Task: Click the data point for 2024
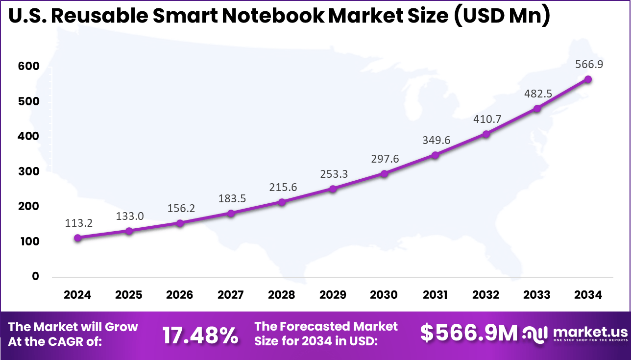pyautogui.click(x=77, y=238)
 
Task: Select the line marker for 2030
pyautogui.click(x=384, y=173)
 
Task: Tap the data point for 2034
pyautogui.click(x=588, y=79)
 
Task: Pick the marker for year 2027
pyautogui.click(x=231, y=213)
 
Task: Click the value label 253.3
pyautogui.click(x=334, y=173)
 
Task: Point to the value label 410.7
pyautogui.click(x=486, y=119)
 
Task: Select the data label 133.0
pyautogui.click(x=130, y=216)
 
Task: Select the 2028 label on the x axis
pyautogui.click(x=282, y=295)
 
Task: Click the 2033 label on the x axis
pyautogui.click(x=537, y=295)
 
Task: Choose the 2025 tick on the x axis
pyautogui.click(x=129, y=295)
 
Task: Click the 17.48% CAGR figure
pyautogui.click(x=200, y=335)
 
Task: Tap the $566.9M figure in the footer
pyautogui.click(x=469, y=333)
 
